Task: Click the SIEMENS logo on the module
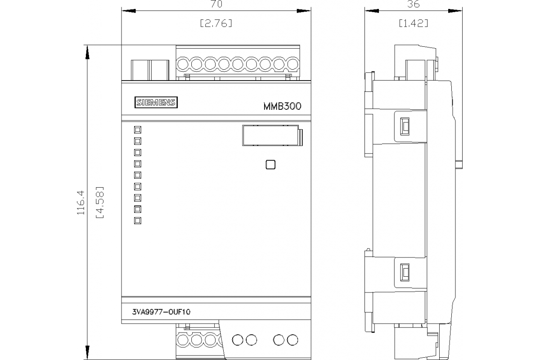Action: pyautogui.click(x=156, y=102)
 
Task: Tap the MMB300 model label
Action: pyautogui.click(x=282, y=106)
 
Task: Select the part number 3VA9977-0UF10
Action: pyautogui.click(x=161, y=312)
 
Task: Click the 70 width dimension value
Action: pyautogui.click(x=216, y=4)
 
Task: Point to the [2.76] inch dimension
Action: pyautogui.click(x=216, y=23)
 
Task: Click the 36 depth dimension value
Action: pyautogui.click(x=413, y=4)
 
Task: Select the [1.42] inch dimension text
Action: pyautogui.click(x=414, y=23)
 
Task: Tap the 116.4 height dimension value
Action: pyautogui.click(x=81, y=202)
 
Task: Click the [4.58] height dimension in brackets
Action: pyautogui.click(x=99, y=202)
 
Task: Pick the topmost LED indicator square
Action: pyautogui.click(x=138, y=130)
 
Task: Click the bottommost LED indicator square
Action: pyautogui.click(x=138, y=220)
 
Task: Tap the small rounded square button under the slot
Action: pyautogui.click(x=270, y=165)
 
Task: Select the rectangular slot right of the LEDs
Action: pyautogui.click(x=272, y=135)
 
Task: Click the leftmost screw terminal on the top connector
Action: pyautogui.click(x=183, y=64)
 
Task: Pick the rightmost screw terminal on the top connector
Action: pyautogui.click(x=293, y=64)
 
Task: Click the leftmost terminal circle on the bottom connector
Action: pyautogui.click(x=183, y=340)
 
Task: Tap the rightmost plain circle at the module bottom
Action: pyautogui.click(x=292, y=340)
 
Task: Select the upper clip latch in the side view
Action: pyautogui.click(x=405, y=126)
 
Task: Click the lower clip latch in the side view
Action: pyautogui.click(x=405, y=272)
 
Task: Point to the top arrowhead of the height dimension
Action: pyautogui.click(x=87, y=52)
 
